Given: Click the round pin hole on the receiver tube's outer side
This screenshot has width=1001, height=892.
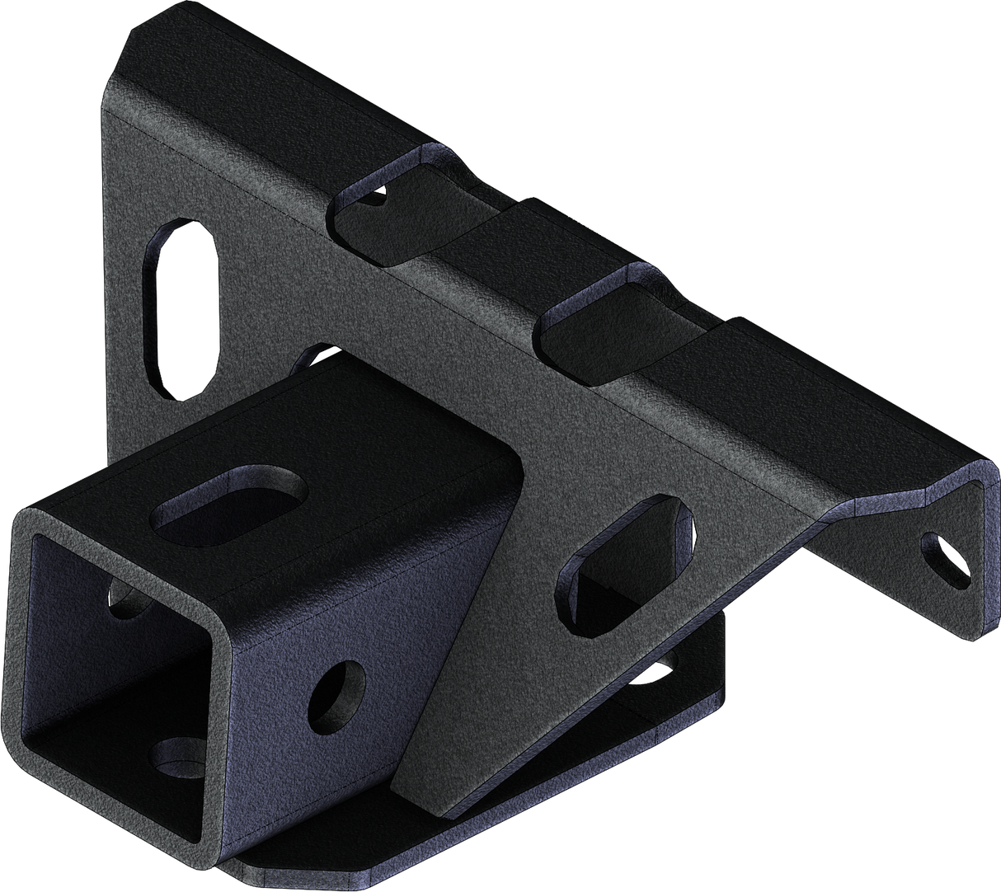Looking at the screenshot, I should (336, 692).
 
